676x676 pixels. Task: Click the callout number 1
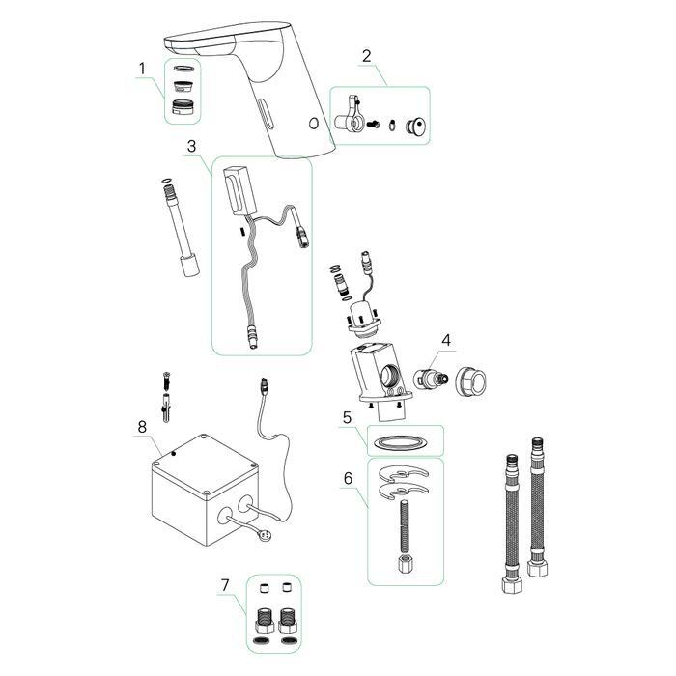pos(142,69)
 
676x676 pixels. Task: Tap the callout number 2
pos(366,56)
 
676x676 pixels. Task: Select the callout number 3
pos(191,146)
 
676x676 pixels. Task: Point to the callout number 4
pos(446,340)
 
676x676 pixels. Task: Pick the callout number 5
pos(347,417)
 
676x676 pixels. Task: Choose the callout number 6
pos(348,478)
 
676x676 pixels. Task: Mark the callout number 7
pos(225,585)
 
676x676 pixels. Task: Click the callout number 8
pos(142,427)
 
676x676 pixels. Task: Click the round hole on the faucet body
pos(314,124)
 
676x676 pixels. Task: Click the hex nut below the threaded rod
pos(406,563)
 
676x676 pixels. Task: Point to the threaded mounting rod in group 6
pos(405,526)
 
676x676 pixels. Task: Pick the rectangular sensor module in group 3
pos(239,191)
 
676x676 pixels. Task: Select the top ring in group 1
pos(183,69)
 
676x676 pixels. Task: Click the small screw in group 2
pos(373,125)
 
